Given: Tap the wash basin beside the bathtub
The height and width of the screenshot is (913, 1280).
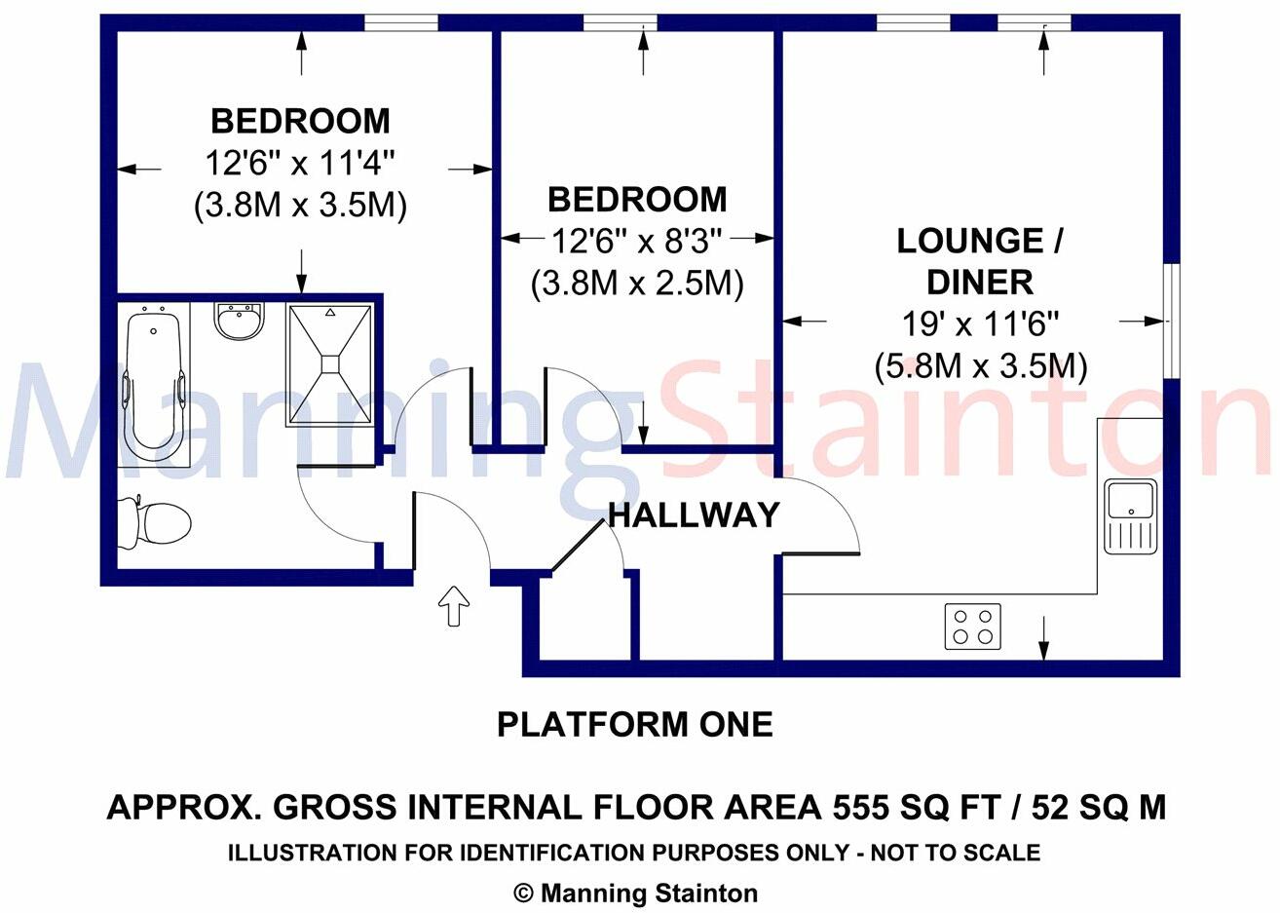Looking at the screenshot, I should pos(239,322).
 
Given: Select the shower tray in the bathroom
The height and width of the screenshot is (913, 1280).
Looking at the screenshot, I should pos(330,364).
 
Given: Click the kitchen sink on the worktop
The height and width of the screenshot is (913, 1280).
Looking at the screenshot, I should pos(1130,516).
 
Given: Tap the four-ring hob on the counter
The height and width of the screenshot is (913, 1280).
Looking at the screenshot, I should pos(972,626).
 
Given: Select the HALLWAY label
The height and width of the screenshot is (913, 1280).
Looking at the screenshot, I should pos(695,514).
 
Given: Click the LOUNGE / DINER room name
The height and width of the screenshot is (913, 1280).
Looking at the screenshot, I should pos(979,261).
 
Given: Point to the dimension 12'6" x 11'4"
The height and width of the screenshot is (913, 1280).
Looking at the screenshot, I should pos(300,163).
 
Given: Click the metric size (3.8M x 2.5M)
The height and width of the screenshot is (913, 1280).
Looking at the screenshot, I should pos(637,284).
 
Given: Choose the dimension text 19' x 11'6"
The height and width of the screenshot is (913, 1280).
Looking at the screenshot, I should pos(979,324).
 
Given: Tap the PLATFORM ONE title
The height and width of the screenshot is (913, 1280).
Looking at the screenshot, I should pos(635,725).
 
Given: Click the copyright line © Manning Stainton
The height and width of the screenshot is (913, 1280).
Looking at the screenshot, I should pos(635,893).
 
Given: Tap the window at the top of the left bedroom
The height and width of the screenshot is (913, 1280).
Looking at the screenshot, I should pos(399,22).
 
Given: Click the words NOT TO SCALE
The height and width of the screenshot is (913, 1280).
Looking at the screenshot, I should pos(956,854).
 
